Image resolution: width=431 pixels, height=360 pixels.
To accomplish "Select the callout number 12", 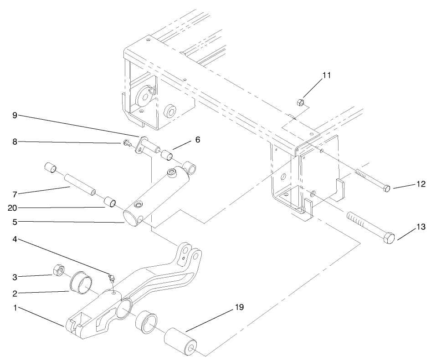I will (421, 184).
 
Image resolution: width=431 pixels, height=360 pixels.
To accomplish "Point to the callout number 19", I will (238, 307).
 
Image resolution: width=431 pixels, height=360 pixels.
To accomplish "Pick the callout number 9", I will (15, 115).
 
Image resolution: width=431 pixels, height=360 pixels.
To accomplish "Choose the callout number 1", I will (15, 308).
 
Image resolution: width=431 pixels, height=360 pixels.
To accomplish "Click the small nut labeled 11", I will (300, 102).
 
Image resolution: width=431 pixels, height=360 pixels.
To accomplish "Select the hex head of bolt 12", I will (386, 188).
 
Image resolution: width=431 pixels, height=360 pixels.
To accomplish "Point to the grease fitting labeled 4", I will (110, 279).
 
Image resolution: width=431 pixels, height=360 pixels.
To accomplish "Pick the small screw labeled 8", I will (126, 144).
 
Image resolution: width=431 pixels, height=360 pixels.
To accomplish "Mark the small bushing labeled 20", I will (111, 201).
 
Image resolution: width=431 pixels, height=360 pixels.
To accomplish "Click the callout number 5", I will (15, 222).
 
